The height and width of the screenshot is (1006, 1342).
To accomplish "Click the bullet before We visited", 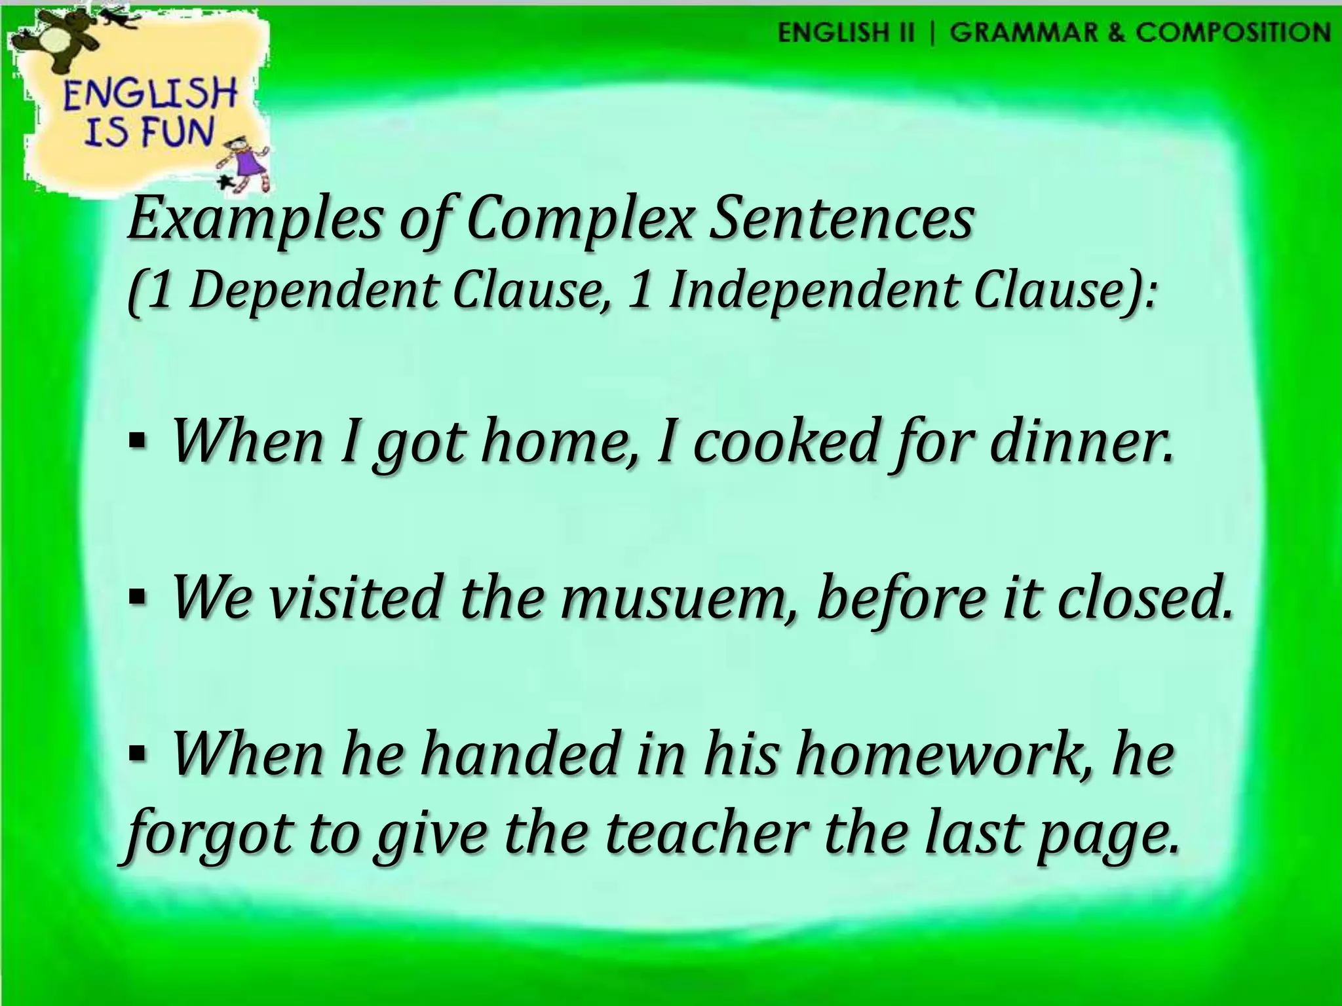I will pos(137,598).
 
